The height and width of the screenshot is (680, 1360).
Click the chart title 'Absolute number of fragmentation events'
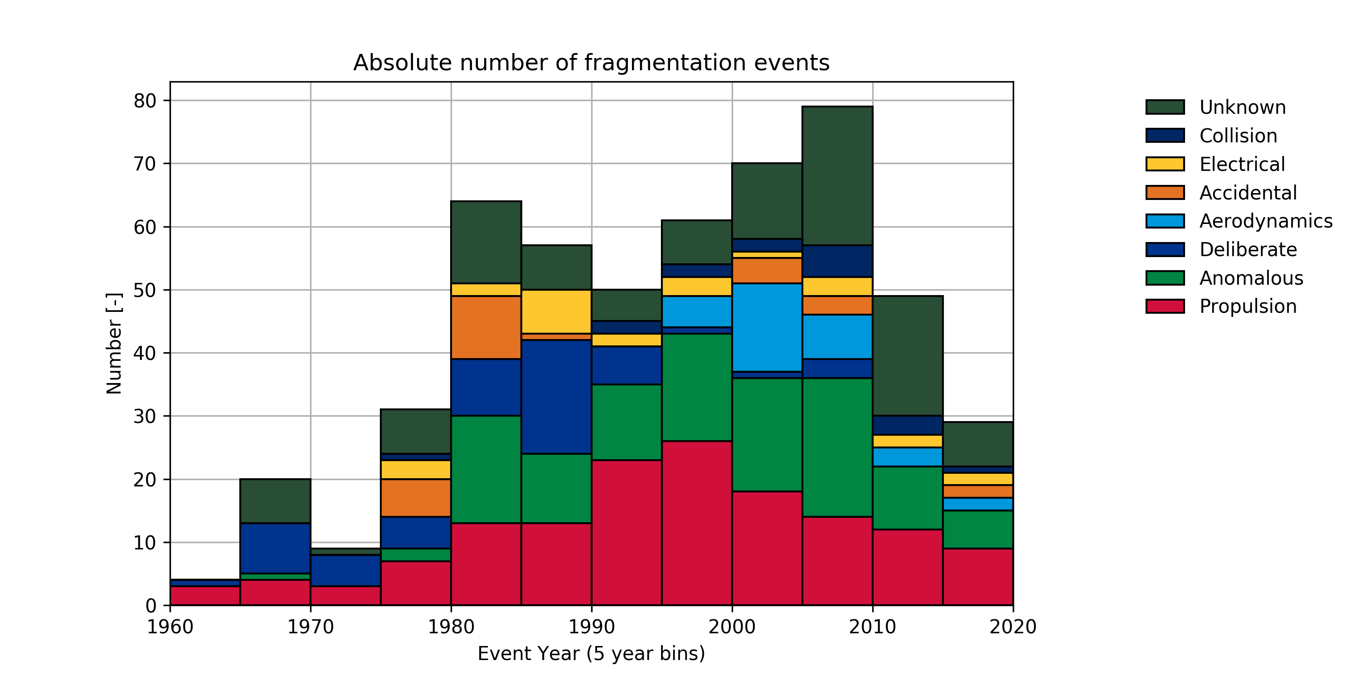[591, 63]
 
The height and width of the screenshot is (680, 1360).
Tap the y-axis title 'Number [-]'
[114, 343]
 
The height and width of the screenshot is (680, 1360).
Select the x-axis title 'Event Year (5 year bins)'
[591, 654]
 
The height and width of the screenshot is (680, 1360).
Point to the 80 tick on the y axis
[145, 100]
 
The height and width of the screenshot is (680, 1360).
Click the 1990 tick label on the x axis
[591, 627]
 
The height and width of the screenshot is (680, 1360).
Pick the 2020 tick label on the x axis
[1012, 627]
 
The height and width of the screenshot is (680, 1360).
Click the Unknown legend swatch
[1165, 107]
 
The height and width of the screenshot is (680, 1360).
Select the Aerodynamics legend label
[1266, 221]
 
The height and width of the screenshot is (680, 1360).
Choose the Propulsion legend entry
[1248, 306]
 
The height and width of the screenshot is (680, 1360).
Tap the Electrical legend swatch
[1165, 164]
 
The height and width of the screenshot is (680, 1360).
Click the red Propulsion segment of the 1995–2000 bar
[696, 523]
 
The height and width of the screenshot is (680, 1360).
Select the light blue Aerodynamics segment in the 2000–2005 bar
[767, 327]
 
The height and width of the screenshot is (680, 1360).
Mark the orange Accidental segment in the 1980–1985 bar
[486, 327]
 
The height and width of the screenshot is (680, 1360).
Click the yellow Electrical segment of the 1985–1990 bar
[556, 311]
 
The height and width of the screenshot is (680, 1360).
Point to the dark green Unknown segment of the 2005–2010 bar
[837, 176]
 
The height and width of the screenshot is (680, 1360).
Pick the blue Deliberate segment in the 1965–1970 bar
[275, 548]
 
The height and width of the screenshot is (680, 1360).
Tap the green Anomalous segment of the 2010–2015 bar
[907, 497]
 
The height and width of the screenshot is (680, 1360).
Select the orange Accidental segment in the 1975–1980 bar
[416, 498]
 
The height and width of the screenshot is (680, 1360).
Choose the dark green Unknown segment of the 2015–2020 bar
[977, 444]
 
